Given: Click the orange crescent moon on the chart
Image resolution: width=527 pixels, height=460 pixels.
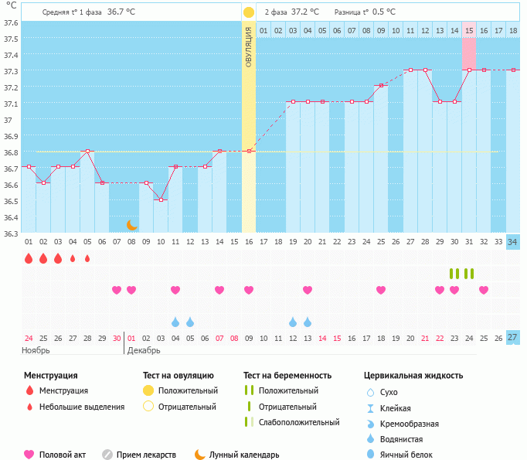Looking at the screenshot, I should pos(132,224).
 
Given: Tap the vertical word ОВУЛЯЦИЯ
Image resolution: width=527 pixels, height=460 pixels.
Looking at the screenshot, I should pos(249,46).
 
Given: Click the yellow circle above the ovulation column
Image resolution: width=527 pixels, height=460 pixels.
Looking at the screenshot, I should pos(249,12).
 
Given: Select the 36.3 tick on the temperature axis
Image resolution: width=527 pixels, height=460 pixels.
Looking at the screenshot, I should pos(10,233).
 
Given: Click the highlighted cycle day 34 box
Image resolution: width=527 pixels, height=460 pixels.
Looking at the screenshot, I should pos(513,242).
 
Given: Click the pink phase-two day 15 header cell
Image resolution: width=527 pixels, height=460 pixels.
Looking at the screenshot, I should pos(469,30).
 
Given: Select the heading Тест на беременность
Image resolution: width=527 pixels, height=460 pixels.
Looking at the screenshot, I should pos(287,376).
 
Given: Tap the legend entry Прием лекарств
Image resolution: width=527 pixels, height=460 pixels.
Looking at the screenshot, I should pos(146,455).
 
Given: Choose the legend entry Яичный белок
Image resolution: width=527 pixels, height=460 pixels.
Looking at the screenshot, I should pos(406,455).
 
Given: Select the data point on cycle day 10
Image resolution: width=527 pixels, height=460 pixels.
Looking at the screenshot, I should pos(161,199).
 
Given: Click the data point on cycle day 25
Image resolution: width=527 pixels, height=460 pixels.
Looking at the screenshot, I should pos(381,85).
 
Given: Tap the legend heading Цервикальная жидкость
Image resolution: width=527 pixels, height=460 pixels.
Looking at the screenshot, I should pos(413,376).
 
